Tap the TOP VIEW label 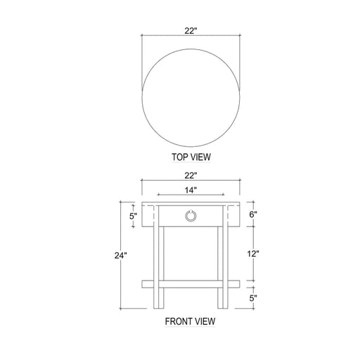(191, 157)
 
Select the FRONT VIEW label (190, 321)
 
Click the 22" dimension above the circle (190, 31)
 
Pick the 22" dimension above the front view (190, 175)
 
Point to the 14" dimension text (191, 190)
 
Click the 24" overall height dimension (121, 255)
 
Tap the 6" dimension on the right (253, 214)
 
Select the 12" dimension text (253, 253)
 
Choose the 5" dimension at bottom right (253, 298)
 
